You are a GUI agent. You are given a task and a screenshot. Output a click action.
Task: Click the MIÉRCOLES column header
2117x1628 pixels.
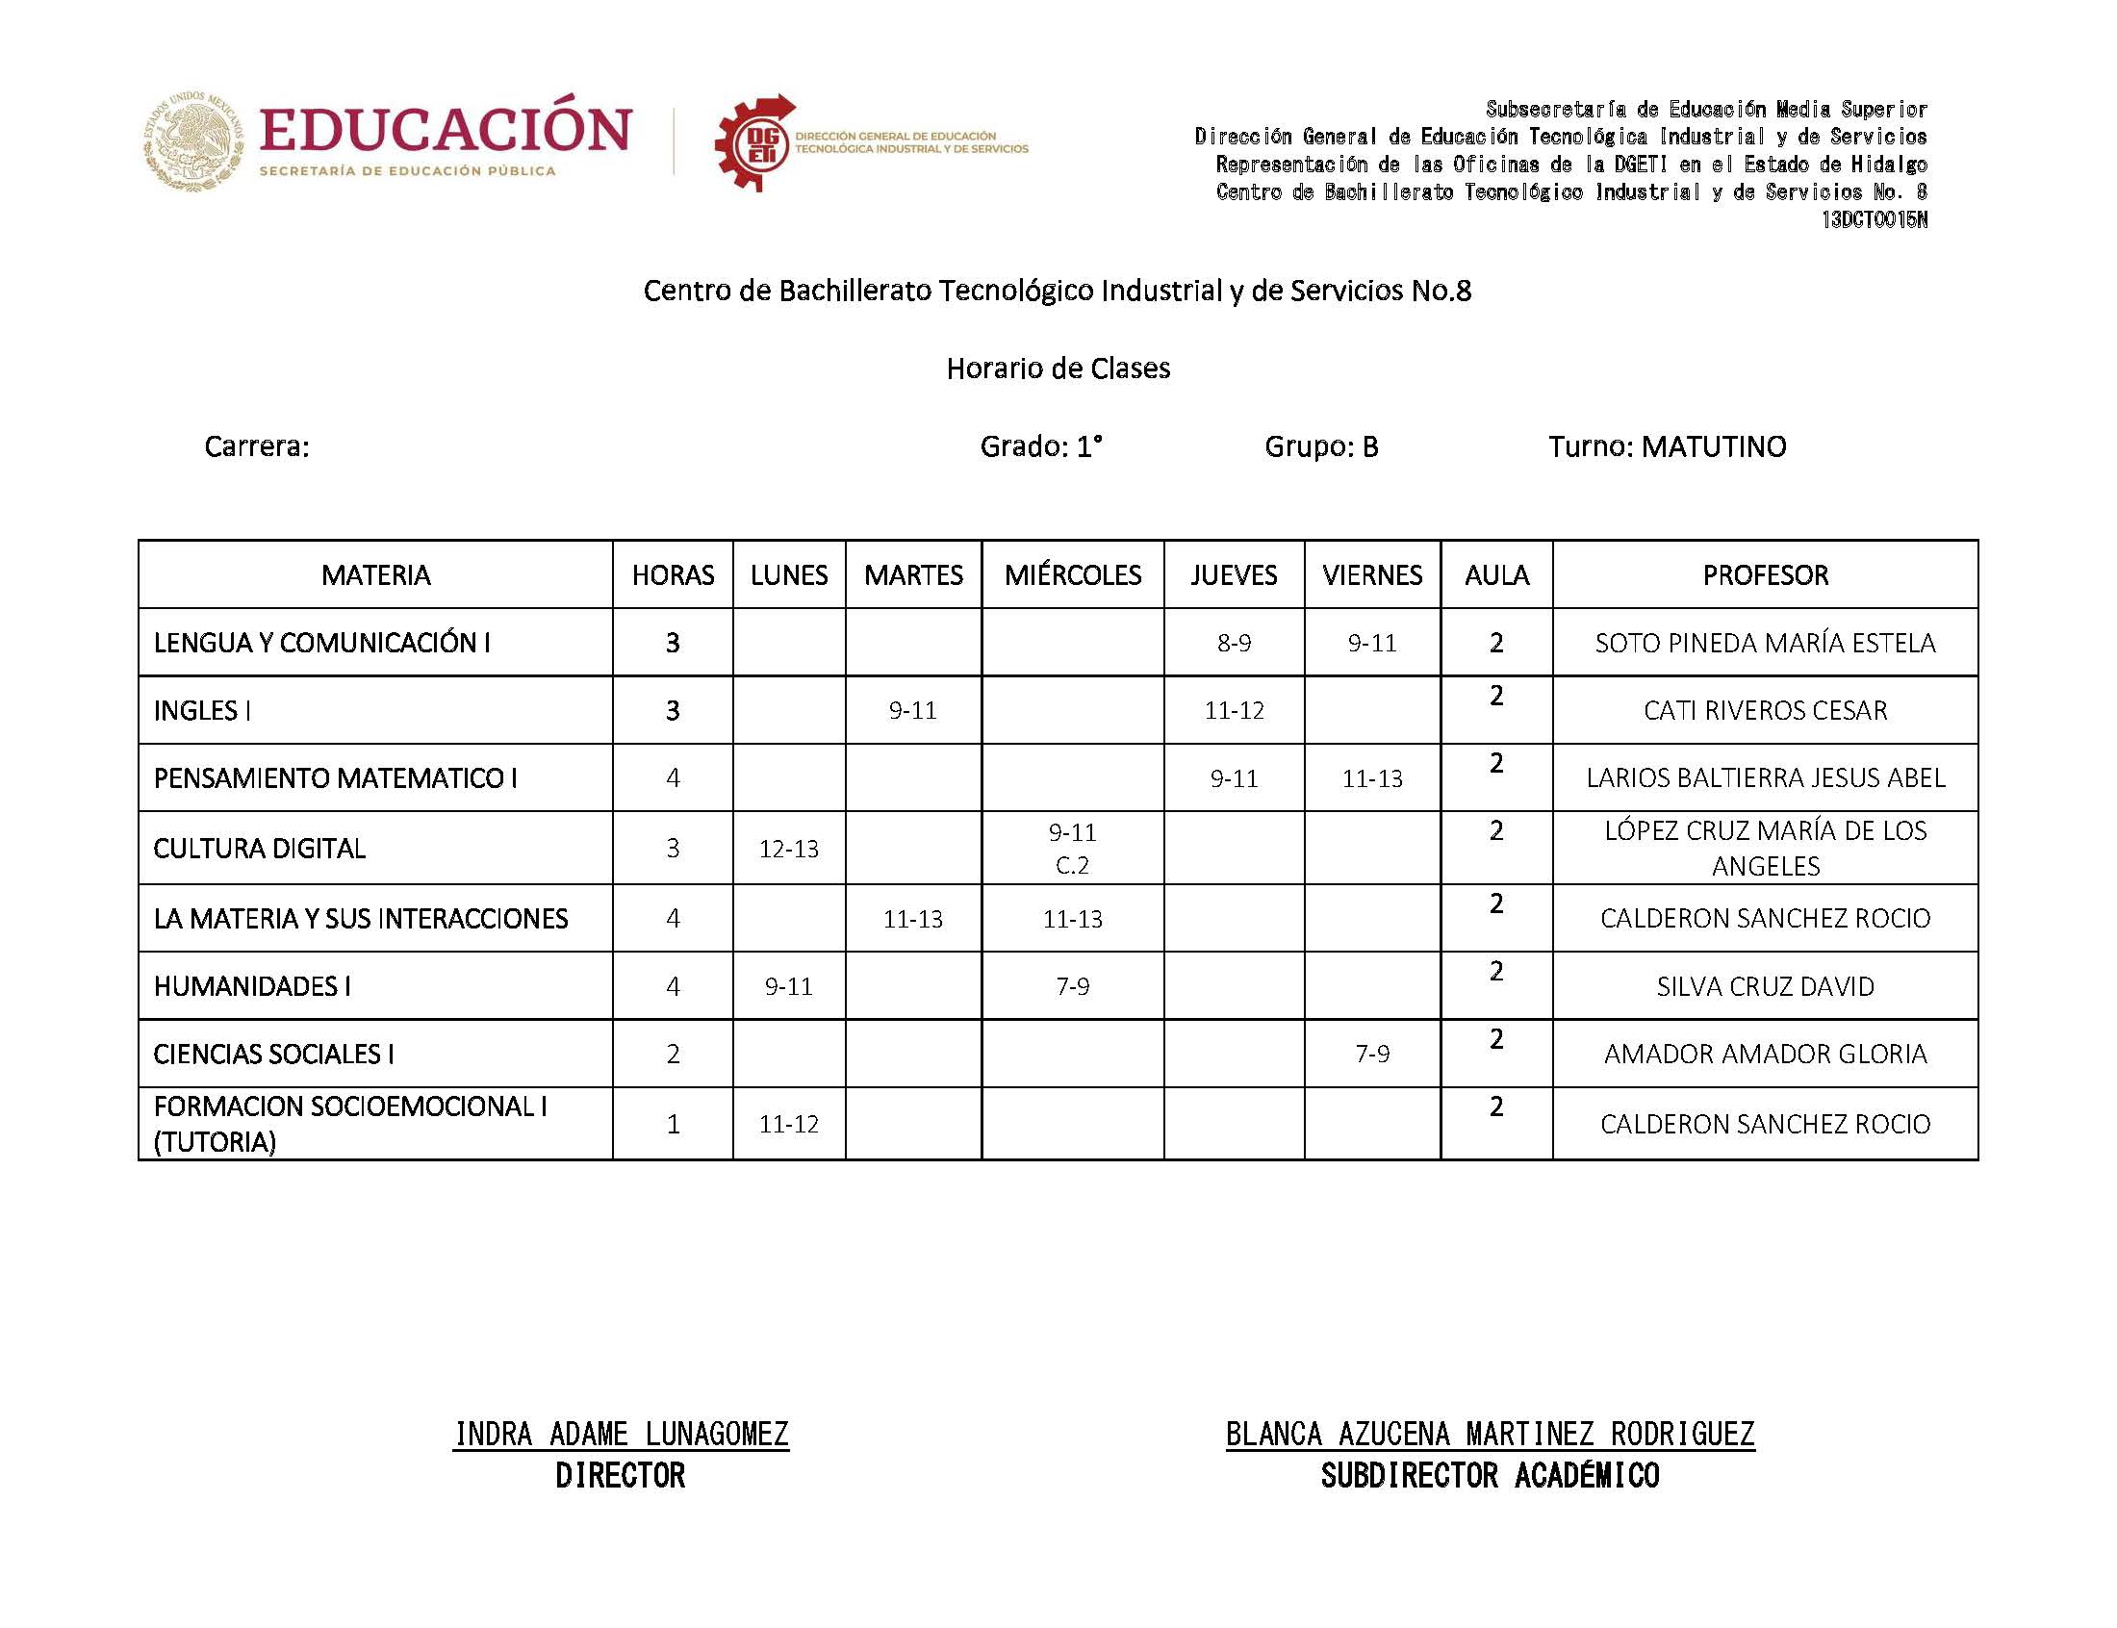point(1072,575)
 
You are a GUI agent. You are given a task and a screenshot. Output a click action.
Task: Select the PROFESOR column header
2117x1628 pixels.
point(1765,575)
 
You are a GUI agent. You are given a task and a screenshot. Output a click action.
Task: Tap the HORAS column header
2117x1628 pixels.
point(673,575)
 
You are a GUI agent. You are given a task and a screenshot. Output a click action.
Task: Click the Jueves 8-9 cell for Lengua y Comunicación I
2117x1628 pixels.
point(1234,644)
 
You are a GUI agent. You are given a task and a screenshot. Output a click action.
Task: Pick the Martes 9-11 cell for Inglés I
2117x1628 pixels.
point(912,710)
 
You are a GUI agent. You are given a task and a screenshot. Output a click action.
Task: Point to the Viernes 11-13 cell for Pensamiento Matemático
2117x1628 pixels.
point(1371,778)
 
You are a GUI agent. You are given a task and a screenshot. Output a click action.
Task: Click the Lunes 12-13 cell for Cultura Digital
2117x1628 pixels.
point(789,849)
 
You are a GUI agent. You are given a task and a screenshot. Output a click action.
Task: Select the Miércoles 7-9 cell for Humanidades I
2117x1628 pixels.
point(1072,986)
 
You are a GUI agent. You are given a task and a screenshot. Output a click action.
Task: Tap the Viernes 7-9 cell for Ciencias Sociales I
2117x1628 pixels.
point(1371,1054)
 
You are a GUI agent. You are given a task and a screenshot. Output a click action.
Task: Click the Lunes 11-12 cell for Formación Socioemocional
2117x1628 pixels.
point(789,1124)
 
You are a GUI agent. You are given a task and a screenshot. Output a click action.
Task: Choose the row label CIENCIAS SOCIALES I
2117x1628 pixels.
point(273,1055)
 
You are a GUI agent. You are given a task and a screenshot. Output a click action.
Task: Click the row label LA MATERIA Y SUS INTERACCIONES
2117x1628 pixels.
point(361,919)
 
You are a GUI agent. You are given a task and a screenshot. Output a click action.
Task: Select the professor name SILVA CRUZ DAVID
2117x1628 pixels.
point(1765,986)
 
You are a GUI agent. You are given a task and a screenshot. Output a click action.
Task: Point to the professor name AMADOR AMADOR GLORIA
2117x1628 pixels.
point(1765,1055)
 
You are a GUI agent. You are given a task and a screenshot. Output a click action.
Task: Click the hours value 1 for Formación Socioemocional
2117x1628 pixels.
point(673,1124)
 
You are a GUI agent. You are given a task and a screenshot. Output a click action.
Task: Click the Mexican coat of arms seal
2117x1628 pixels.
point(193,141)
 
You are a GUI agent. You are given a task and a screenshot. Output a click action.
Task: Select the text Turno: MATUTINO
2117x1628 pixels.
point(1667,446)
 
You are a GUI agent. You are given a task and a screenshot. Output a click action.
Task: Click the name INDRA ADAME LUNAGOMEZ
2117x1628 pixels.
point(621,1435)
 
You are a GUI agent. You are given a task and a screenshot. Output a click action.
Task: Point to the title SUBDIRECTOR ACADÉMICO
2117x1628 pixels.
point(1490,1476)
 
